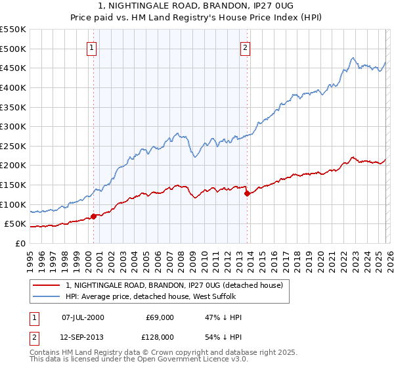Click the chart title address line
point(197,6)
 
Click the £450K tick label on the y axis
point(13,68)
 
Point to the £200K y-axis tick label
point(13,165)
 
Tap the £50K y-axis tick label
point(16,223)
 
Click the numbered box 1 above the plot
point(91,47)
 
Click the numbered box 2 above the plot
point(245,47)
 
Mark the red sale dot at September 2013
point(247,193)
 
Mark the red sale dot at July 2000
point(93,216)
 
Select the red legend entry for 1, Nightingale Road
point(174,286)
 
